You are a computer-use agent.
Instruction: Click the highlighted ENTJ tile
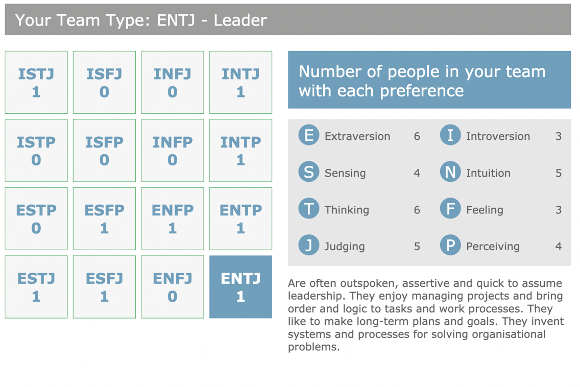(x=240, y=287)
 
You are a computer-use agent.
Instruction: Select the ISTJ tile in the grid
(x=36, y=82)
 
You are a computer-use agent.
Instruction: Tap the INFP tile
(x=173, y=151)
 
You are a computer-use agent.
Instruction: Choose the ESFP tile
(x=104, y=219)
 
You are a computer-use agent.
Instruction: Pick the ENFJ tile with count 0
(x=173, y=287)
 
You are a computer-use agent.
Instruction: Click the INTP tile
(x=240, y=151)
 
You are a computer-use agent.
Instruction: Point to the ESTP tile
(x=36, y=219)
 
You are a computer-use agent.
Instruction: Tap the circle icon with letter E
(x=309, y=135)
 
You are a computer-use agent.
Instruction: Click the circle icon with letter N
(x=450, y=172)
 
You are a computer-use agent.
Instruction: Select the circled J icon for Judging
(x=309, y=245)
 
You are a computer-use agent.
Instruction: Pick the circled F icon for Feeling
(x=450, y=208)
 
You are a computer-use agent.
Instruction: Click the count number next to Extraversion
(x=417, y=136)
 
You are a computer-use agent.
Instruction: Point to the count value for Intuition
(x=559, y=173)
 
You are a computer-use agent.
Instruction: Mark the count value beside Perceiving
(x=559, y=247)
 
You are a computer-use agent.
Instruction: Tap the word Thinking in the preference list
(x=347, y=210)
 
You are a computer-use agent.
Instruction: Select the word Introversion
(x=498, y=136)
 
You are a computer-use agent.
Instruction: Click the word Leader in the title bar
(x=240, y=20)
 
